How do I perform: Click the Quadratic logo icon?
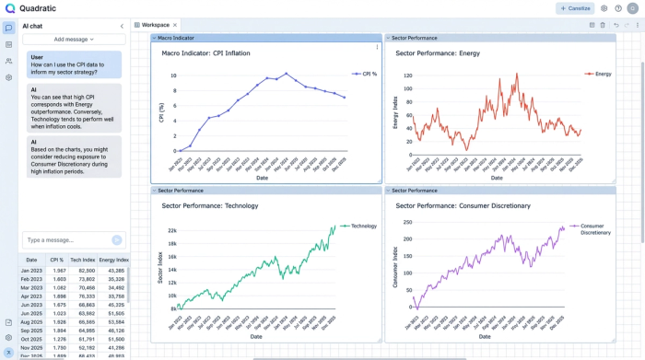pos(9,8)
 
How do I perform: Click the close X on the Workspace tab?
pos(175,25)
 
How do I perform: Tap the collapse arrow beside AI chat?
pos(122,26)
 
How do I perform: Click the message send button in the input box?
pos(116,239)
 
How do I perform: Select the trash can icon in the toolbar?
pos(603,25)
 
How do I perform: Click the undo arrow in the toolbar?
pos(616,25)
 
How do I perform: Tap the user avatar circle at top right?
pos(632,8)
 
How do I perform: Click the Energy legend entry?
pos(600,74)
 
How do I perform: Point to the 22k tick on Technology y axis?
pos(171,230)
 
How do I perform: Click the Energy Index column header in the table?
pos(114,260)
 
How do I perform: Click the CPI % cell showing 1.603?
pos(58,279)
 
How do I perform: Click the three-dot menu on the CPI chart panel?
pos(376,47)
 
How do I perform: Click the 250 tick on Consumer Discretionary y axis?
pos(406,222)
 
